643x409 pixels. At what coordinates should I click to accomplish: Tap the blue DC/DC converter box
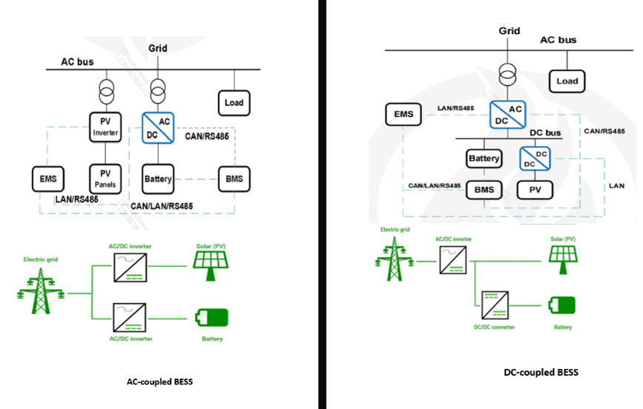click(x=535, y=159)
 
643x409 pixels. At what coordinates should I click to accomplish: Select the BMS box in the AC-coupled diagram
click(x=234, y=179)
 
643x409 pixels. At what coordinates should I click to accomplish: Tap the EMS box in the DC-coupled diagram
click(x=403, y=115)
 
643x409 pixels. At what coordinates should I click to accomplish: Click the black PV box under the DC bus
click(x=535, y=190)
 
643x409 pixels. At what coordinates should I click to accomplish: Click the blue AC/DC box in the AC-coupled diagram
click(x=158, y=126)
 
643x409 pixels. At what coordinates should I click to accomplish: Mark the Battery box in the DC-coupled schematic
click(x=484, y=159)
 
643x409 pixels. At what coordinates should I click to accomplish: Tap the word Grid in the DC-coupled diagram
click(x=509, y=31)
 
